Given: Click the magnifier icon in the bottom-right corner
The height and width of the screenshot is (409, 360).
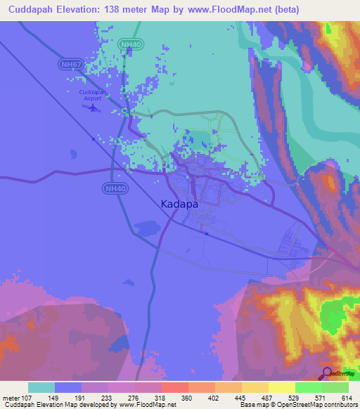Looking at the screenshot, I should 327,373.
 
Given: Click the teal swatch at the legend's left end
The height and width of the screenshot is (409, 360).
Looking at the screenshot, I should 41,387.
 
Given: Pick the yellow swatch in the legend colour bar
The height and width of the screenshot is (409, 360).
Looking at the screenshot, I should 281,387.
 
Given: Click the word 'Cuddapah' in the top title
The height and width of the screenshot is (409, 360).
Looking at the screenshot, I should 30,10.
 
